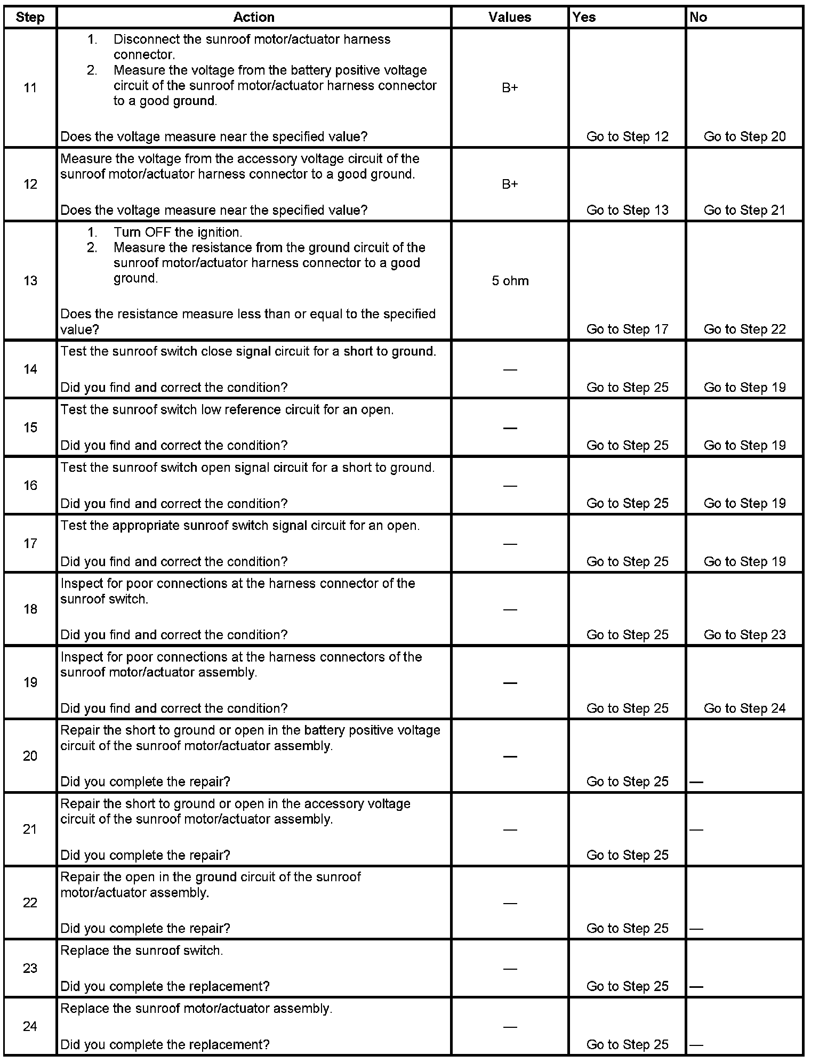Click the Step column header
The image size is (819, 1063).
pos(30,17)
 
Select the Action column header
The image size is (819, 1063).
pos(254,17)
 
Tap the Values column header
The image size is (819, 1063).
pos(510,17)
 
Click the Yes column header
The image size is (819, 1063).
pos(584,17)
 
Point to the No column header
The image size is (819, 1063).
pos(698,17)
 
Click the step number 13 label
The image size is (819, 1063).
pos(30,280)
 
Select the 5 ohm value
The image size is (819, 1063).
pos(510,281)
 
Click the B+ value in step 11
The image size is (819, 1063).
pos(510,88)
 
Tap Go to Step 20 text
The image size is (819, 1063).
pos(744,136)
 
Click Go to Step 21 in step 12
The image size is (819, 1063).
pos(744,210)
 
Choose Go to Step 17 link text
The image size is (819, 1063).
pos(627,329)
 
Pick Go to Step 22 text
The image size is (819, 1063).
pos(744,329)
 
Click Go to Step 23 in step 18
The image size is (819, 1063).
pos(744,634)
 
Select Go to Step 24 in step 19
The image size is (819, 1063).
pos(744,708)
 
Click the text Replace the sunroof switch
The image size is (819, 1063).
pos(142,951)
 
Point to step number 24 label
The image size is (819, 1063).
pos(30,1026)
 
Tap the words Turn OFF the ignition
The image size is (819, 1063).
pos(178,232)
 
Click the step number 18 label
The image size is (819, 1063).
pos(30,609)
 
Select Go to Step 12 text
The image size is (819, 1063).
pos(627,136)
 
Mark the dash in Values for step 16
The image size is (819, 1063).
pos(510,486)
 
